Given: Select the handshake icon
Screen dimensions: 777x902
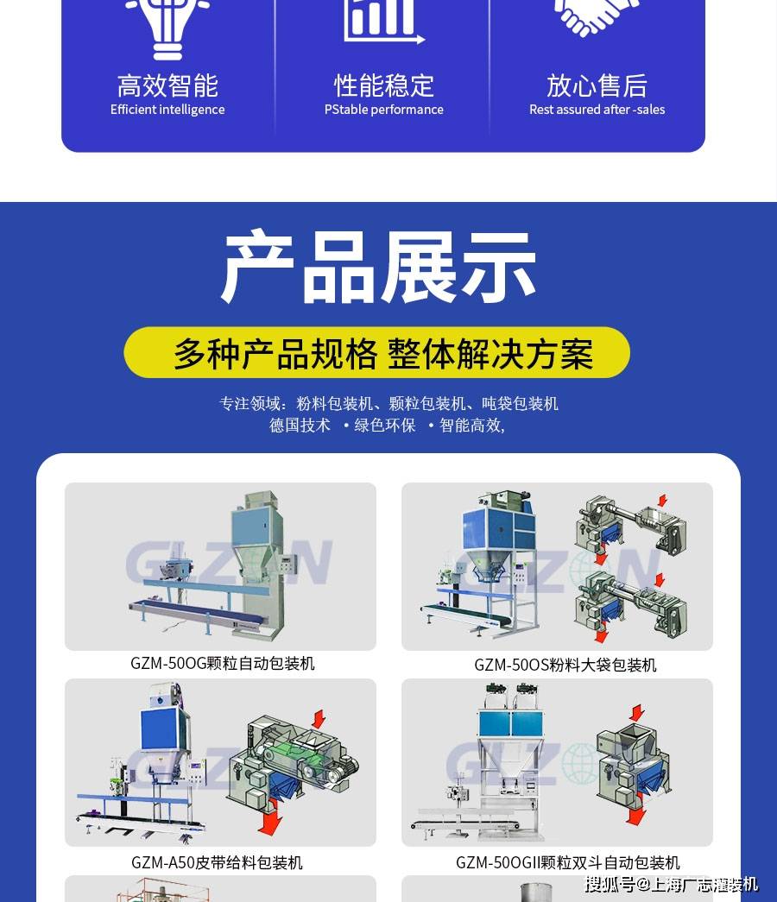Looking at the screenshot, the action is pyautogui.click(x=597, y=16).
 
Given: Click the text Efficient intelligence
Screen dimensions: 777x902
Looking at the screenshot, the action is pyautogui.click(x=167, y=110).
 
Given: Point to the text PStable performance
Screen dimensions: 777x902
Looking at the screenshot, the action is pyautogui.click(x=384, y=110).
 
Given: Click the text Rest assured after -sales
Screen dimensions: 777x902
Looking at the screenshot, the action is pyautogui.click(x=597, y=110).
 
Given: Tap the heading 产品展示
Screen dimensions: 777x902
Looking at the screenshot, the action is pyautogui.click(x=378, y=267).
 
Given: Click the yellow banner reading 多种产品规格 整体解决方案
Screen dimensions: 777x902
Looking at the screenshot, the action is pyautogui.click(x=377, y=353).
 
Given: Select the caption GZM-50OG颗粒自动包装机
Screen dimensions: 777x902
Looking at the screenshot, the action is pyautogui.click(x=222, y=663).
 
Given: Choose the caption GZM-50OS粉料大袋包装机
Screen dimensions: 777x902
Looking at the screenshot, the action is pyautogui.click(x=565, y=665).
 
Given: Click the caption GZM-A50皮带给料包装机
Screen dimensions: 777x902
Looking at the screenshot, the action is pyautogui.click(x=217, y=862).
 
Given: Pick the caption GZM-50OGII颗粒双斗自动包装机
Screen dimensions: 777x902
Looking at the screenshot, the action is pyautogui.click(x=567, y=862).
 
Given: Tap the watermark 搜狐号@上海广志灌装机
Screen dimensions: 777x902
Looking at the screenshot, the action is pyautogui.click(x=671, y=884).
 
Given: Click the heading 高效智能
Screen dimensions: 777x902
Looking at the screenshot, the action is pyautogui.click(x=167, y=85).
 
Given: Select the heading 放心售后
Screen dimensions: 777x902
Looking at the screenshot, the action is pyautogui.click(x=597, y=85).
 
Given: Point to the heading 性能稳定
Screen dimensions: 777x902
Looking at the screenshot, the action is pyautogui.click(x=384, y=85).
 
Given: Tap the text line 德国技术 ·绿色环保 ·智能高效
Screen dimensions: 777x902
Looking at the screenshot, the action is pyautogui.click(x=387, y=426).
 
